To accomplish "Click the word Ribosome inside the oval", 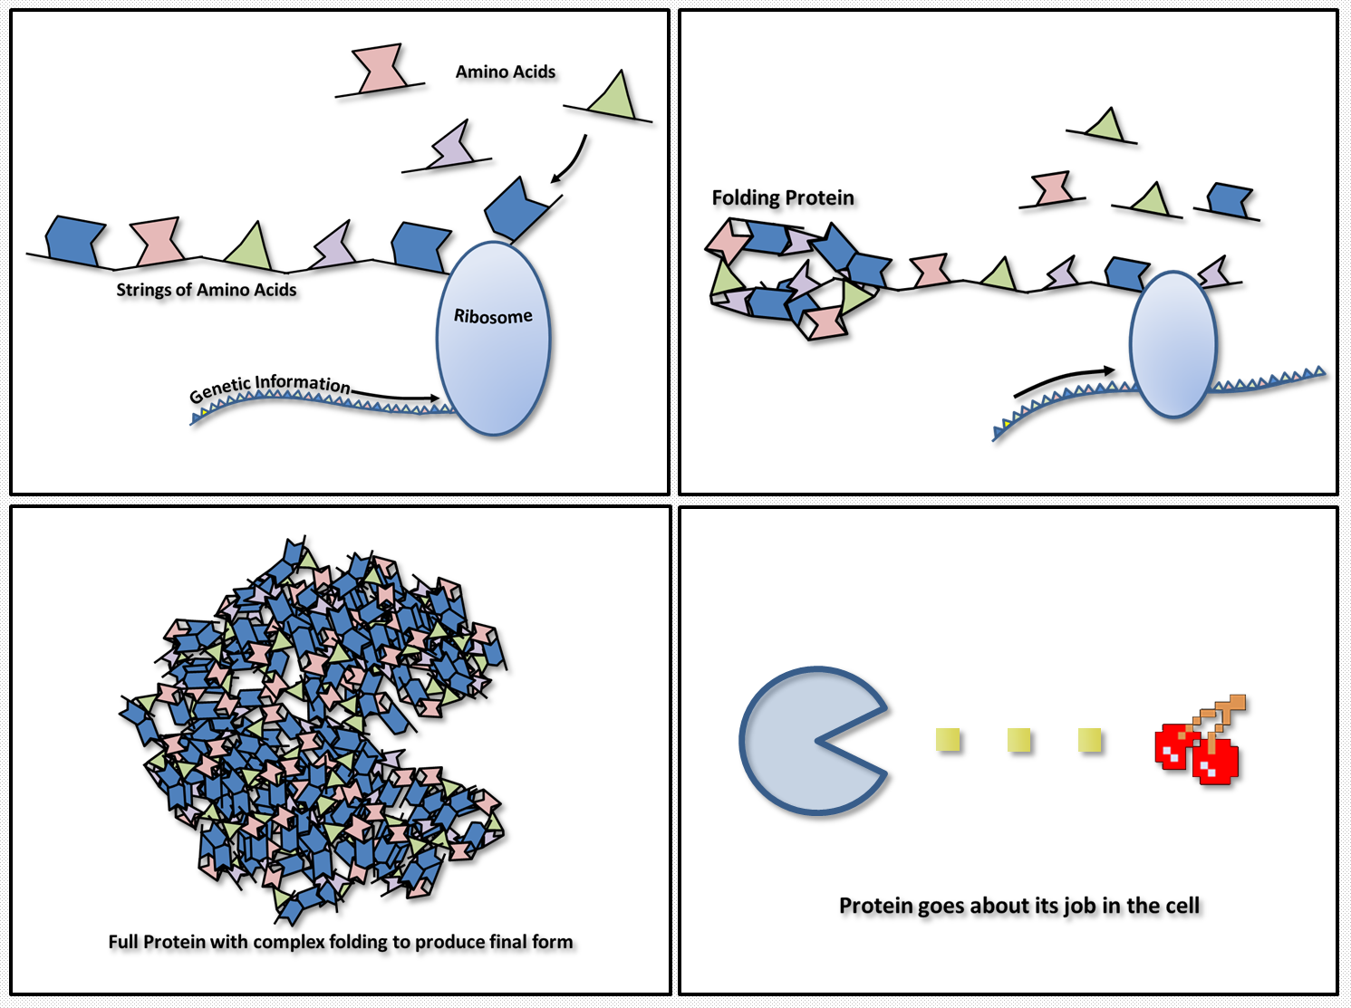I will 493,316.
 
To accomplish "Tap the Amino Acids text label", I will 506,72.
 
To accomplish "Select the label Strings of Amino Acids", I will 207,290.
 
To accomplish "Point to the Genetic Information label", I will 269,387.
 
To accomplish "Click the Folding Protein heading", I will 783,197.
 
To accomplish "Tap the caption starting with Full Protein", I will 341,942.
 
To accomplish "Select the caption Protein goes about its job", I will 1019,906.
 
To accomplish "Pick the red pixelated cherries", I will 1196,752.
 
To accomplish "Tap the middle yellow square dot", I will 1019,741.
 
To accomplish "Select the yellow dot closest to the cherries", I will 1090,741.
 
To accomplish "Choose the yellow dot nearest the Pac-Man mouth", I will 949,741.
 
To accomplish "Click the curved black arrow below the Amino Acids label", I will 571,160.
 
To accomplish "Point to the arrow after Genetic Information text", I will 399,396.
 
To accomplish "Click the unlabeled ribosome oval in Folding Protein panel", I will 1172,345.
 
